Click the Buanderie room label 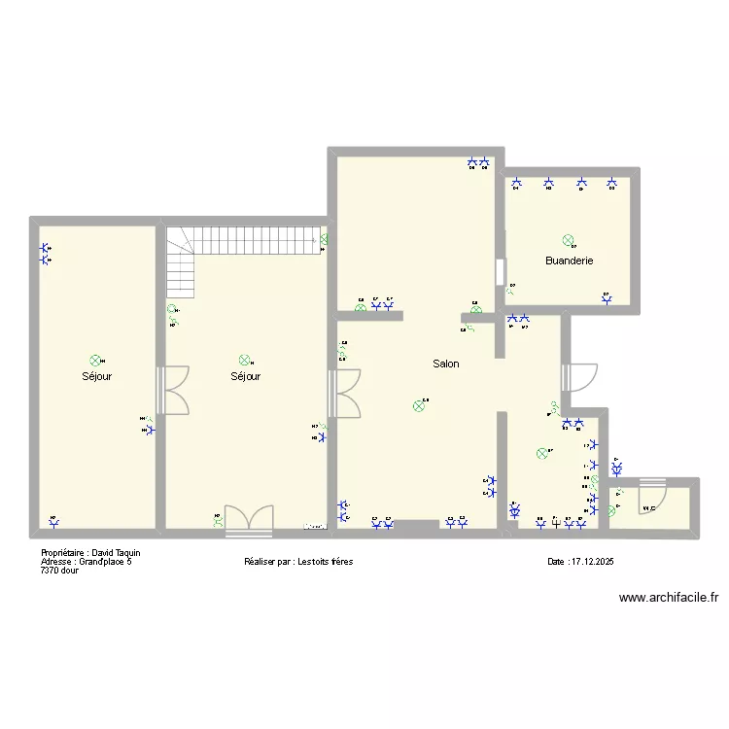(x=569, y=260)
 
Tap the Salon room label (x=446, y=364)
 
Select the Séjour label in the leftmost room (x=96, y=376)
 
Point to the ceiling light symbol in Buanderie (x=568, y=240)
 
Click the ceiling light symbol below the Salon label (x=419, y=406)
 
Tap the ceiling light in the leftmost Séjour (x=94, y=360)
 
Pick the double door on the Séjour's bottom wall (x=248, y=521)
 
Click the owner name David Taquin (x=117, y=553)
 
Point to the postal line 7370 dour (x=59, y=571)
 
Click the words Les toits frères (x=312, y=562)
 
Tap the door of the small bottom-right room (x=650, y=498)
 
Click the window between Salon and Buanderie (x=500, y=271)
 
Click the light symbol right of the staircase (x=325, y=239)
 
